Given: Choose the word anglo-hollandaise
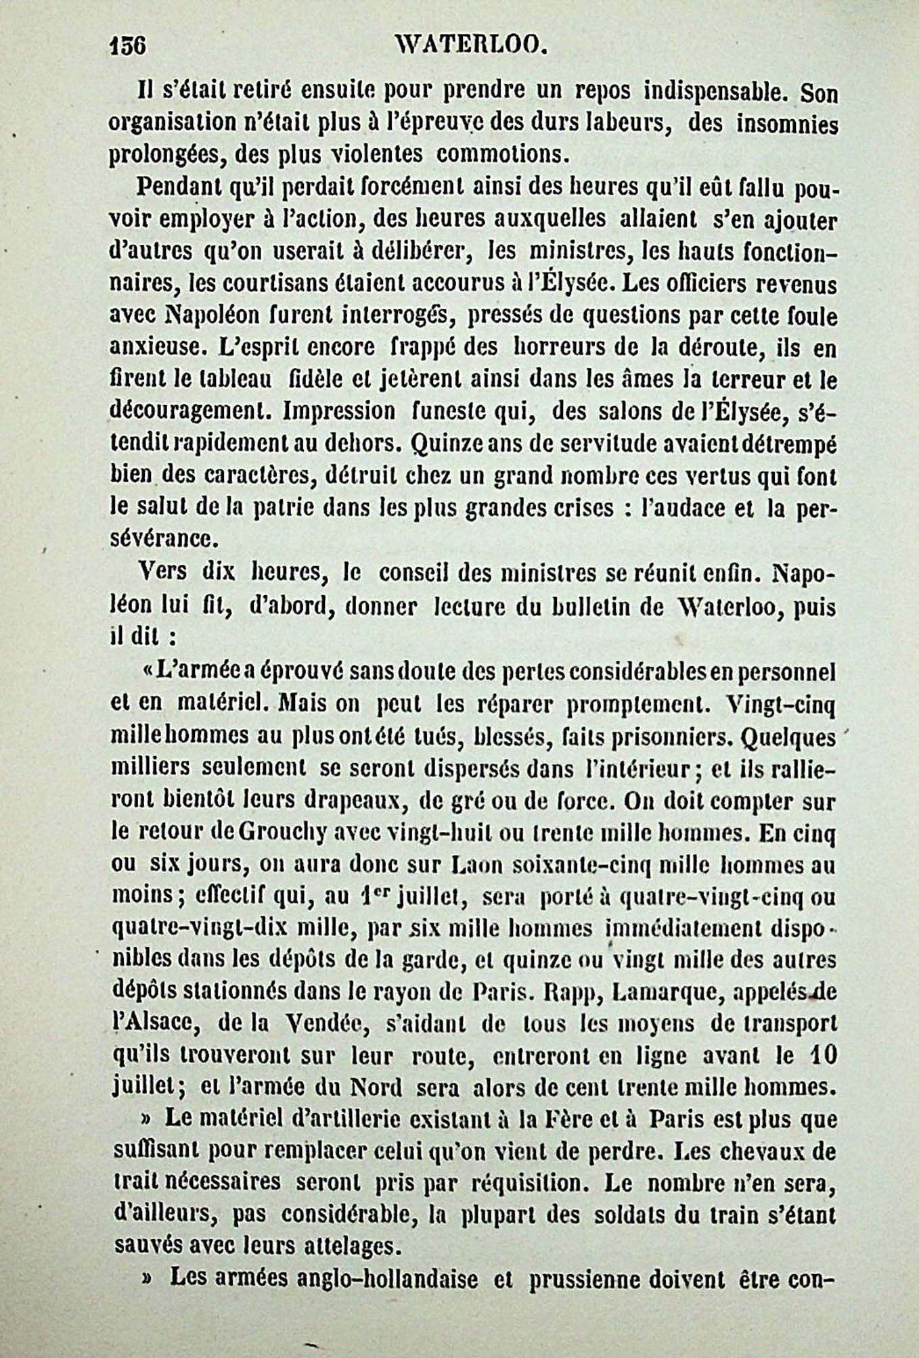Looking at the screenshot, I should tap(324, 1279).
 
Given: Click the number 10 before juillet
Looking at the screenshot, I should tap(822, 1056).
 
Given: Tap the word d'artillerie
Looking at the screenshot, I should tap(366, 1119).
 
